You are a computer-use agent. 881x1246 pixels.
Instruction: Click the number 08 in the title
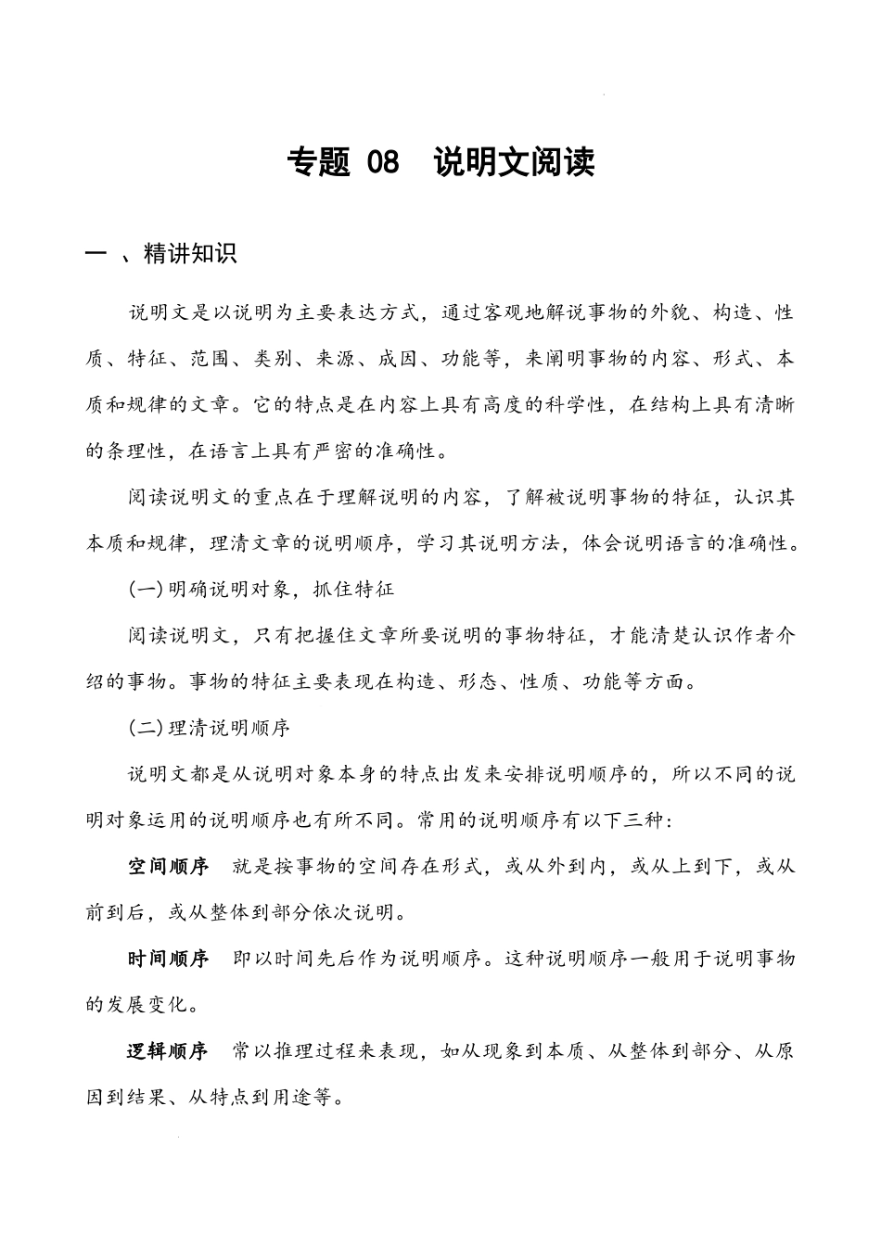click(x=383, y=162)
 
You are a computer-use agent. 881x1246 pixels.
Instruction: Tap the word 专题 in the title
click(x=319, y=162)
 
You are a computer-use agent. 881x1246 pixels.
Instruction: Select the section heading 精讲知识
click(x=191, y=254)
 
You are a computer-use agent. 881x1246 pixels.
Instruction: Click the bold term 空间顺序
click(x=168, y=867)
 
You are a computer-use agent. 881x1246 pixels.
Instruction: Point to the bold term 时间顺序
click(x=168, y=959)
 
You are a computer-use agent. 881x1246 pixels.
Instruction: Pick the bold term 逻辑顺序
click(x=168, y=1051)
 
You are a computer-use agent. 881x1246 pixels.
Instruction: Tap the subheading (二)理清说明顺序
click(x=210, y=728)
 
